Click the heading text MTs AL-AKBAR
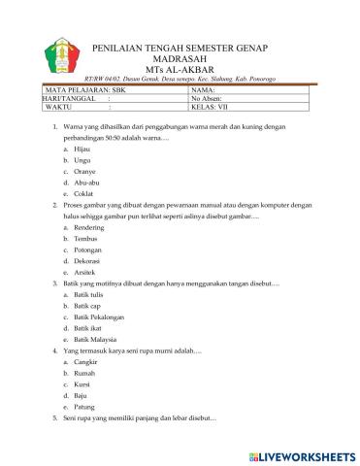click(180, 68)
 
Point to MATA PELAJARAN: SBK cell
click(87, 89)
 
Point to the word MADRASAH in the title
click(180, 57)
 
